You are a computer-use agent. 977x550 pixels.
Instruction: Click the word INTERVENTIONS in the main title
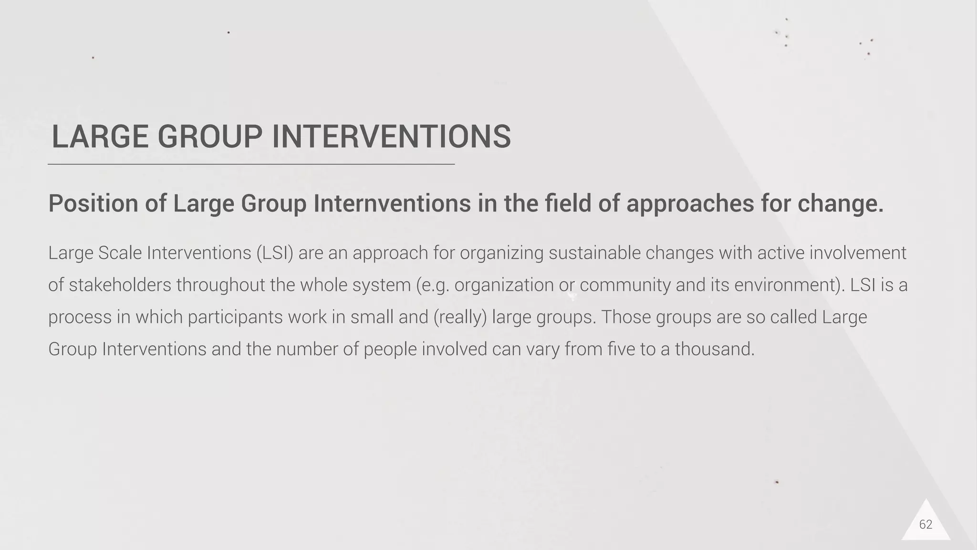[x=391, y=137]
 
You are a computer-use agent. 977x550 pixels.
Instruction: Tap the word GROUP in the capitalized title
[x=210, y=137]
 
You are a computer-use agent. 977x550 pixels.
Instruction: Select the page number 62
[x=925, y=525]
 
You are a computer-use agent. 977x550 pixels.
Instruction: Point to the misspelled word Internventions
[x=392, y=203]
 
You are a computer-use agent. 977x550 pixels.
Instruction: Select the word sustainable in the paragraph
[x=594, y=253]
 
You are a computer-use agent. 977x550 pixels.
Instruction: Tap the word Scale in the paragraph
[x=120, y=253]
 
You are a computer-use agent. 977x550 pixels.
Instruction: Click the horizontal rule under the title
[x=251, y=164]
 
